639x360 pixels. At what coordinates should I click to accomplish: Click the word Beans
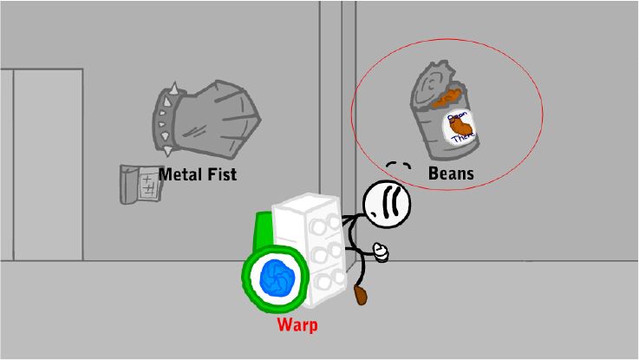tap(451, 173)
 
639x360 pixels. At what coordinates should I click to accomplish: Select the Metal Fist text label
tap(198, 174)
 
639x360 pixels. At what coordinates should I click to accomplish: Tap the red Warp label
tap(297, 326)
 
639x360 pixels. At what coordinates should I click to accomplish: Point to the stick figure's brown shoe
tap(361, 297)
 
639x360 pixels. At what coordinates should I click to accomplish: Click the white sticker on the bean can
tap(461, 128)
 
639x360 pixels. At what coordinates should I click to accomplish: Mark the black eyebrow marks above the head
tap(398, 165)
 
